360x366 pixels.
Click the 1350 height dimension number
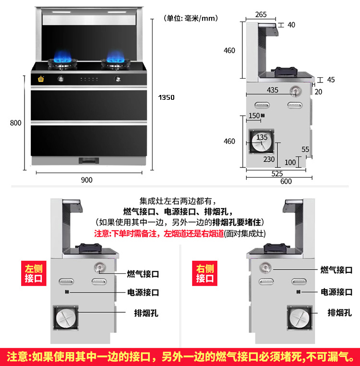(167, 97)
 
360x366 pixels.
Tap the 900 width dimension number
(87, 180)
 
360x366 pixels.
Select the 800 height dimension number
(16, 123)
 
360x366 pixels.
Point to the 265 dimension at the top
(261, 14)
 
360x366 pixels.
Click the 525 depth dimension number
(277, 174)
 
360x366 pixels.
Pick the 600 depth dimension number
(286, 181)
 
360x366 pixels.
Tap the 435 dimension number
(273, 90)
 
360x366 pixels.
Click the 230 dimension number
(269, 159)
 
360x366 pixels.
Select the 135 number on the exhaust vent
(262, 137)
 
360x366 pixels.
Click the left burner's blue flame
(62, 56)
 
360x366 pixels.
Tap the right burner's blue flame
(115, 56)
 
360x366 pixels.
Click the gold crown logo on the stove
(41, 79)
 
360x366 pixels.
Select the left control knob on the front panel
(61, 79)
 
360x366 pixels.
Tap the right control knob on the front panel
(118, 79)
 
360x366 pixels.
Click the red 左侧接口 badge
(34, 273)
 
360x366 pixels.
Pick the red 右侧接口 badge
(204, 273)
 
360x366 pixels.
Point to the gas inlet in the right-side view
(265, 268)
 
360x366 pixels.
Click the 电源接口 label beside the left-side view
(143, 292)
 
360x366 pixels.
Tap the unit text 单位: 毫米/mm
(191, 18)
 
